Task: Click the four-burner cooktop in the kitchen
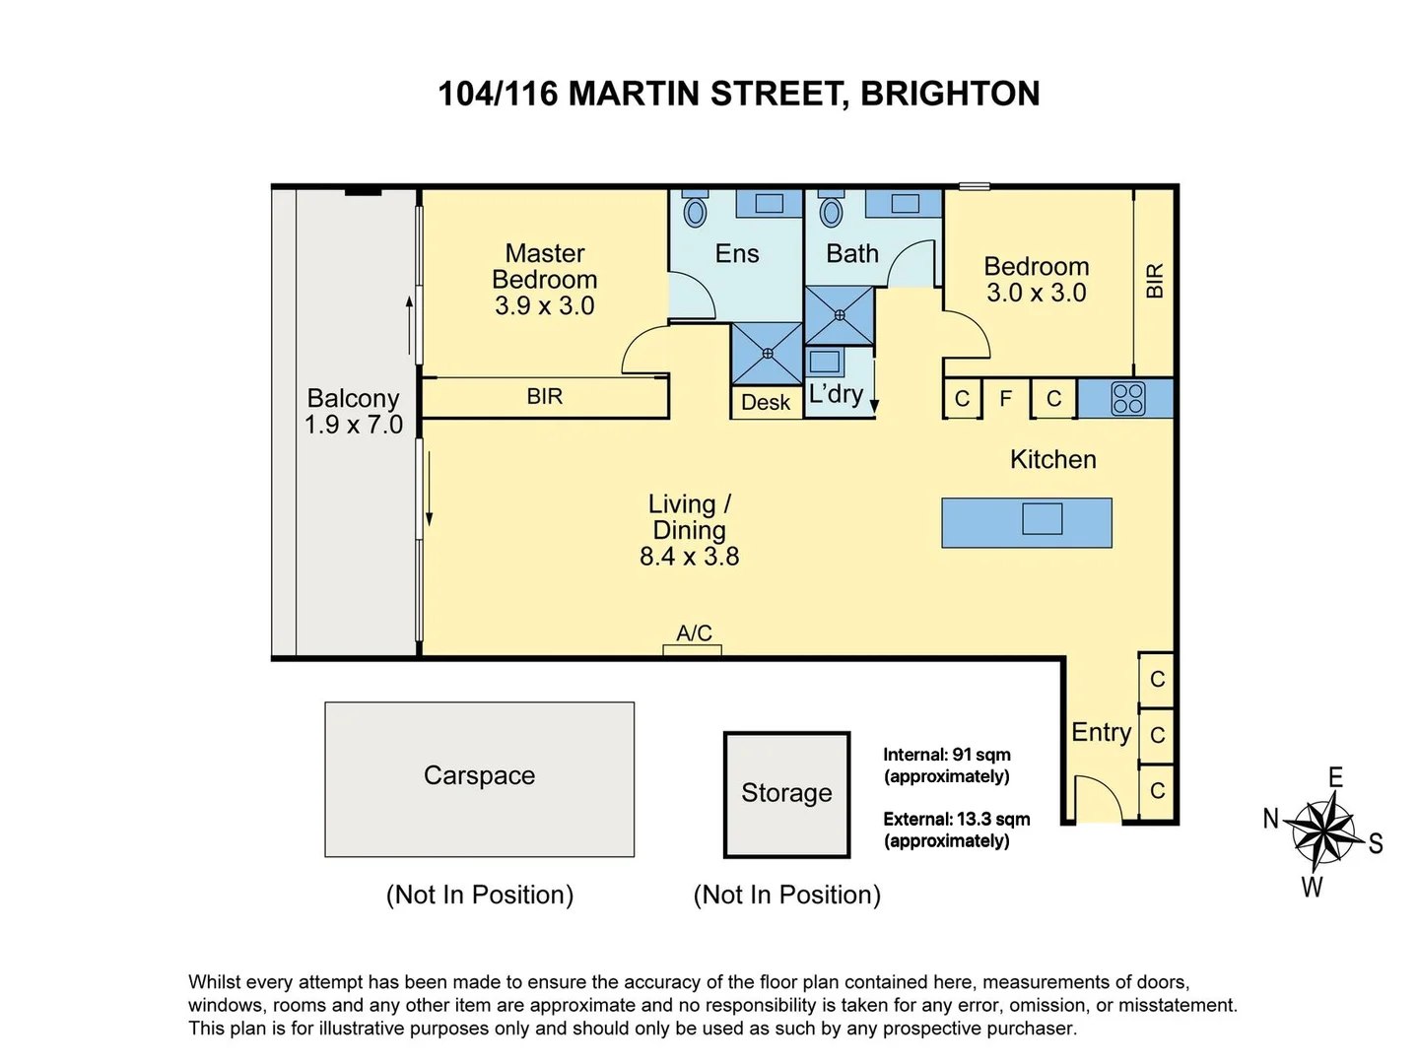[x=1127, y=399]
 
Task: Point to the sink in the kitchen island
[x=1042, y=518]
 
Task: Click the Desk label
[x=766, y=402]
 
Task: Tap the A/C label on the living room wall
[x=694, y=633]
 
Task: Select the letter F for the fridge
[x=1006, y=399]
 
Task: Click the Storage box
[x=786, y=794]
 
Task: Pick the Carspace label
[x=479, y=776]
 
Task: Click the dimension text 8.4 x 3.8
[x=689, y=557]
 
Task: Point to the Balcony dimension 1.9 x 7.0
[x=353, y=426]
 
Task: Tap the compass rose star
[x=1323, y=831]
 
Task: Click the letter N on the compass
[x=1271, y=819]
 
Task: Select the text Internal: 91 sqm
[x=946, y=756]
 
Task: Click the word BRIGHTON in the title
[x=950, y=94]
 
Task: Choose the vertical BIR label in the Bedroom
[x=1155, y=281]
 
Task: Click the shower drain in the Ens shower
[x=767, y=353]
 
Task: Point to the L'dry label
[x=836, y=394]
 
